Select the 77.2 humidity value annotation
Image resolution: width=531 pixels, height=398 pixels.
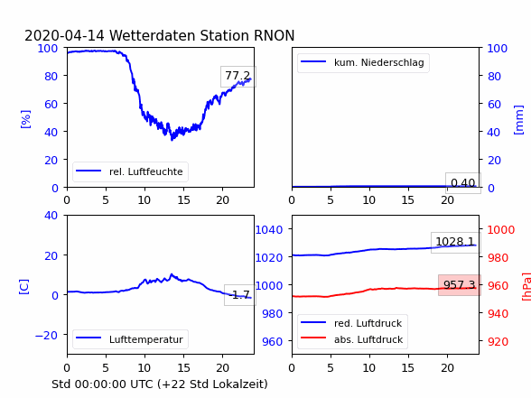coord(238,76)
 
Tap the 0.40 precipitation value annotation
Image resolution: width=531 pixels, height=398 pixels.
coord(463,183)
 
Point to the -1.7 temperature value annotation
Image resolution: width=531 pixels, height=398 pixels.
coord(239,295)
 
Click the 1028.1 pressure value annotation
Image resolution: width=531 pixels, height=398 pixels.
coord(455,242)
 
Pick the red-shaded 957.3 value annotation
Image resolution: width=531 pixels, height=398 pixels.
coord(459,285)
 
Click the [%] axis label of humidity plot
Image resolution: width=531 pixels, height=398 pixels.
coord(25,119)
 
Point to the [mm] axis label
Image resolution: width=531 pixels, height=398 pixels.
coord(518,120)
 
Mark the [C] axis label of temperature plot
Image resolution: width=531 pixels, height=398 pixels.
coord(24,287)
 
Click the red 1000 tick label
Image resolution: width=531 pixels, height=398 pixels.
coord(501,230)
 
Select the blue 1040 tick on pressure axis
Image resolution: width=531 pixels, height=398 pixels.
coord(269,230)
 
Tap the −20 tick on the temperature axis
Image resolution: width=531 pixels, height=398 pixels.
coord(46,335)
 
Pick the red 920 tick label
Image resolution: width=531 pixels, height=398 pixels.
coord(498,341)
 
